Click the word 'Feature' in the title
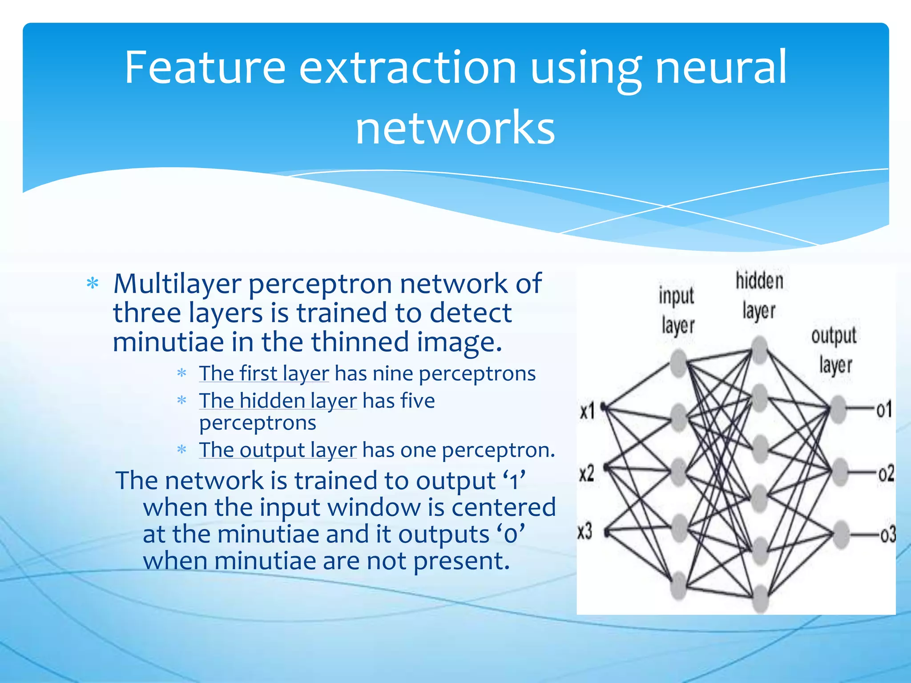205,68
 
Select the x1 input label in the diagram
587,411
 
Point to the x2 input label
587,473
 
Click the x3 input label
585,531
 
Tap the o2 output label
886,474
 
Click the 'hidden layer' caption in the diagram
759,295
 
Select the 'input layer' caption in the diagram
677,310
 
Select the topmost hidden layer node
760,349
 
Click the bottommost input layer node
679,586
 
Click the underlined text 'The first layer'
264,373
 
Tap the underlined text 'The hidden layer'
278,400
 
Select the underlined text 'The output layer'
278,450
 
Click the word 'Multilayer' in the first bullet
177,283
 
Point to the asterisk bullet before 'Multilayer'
93,283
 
